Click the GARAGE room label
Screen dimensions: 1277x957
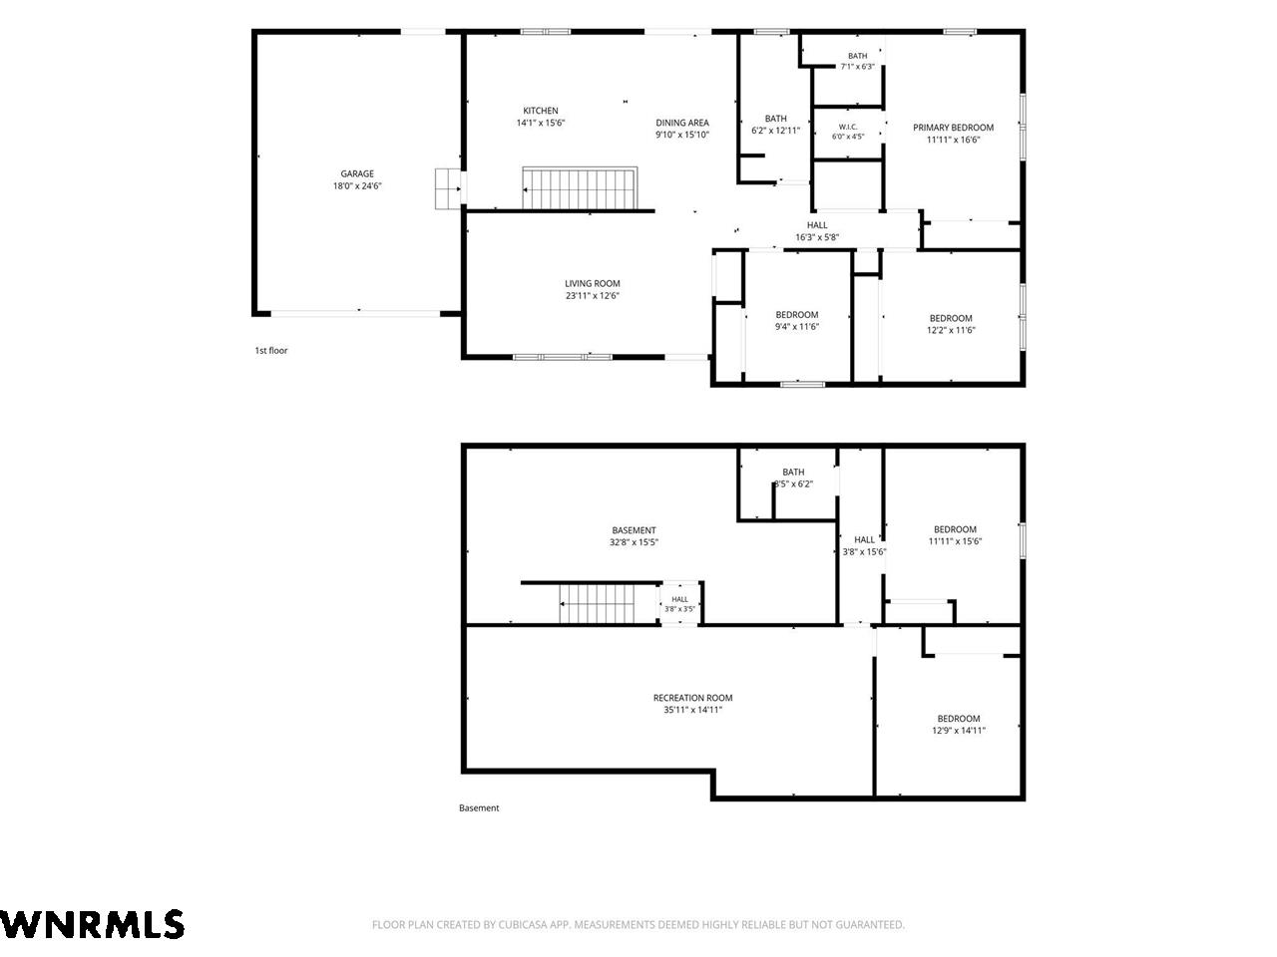point(356,173)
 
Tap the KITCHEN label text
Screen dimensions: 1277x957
point(540,111)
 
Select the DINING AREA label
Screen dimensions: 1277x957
point(681,123)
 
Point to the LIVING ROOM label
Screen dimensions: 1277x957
point(592,283)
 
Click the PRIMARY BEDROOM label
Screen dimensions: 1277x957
point(953,128)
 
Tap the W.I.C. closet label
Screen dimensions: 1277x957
point(847,127)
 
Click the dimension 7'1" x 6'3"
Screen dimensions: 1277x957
point(857,67)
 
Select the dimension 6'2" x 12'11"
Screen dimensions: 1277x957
point(775,131)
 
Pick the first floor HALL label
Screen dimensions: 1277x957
point(816,225)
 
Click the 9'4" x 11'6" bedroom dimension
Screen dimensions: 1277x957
point(796,327)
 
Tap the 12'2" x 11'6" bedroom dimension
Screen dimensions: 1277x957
point(950,330)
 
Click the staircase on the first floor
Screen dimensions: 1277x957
point(580,187)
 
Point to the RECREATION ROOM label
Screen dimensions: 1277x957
point(692,698)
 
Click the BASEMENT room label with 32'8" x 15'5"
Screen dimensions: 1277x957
point(633,530)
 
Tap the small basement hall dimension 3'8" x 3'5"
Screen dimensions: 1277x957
point(679,609)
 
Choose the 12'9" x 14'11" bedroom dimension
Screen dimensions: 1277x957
point(958,731)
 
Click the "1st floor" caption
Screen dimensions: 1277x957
point(271,350)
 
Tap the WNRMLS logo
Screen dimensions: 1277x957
point(92,924)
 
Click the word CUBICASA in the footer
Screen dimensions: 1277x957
point(523,924)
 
